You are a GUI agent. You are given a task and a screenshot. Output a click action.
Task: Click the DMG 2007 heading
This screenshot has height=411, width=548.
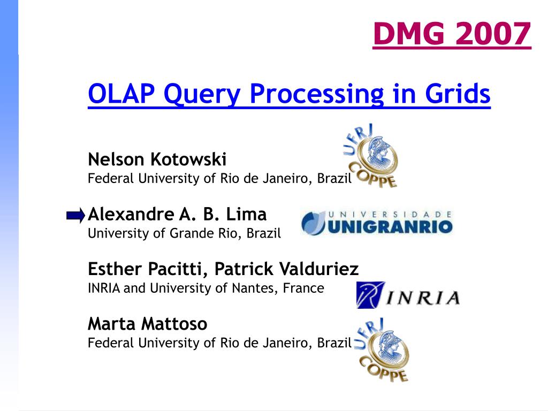tap(452, 34)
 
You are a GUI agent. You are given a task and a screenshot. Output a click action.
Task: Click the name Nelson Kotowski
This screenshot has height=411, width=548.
tap(157, 159)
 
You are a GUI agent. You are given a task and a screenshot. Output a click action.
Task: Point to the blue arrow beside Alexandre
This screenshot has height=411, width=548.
tap(75, 216)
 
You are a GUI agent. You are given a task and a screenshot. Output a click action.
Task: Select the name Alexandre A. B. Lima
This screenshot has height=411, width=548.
tap(177, 215)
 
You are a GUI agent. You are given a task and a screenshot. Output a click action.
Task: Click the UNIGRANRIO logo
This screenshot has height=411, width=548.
tap(377, 223)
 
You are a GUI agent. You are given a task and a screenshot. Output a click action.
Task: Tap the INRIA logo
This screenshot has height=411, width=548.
tap(408, 295)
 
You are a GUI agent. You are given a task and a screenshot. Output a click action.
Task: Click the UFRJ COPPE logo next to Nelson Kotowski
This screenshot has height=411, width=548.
tap(371, 156)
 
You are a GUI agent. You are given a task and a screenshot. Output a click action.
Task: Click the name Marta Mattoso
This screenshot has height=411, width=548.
tap(147, 324)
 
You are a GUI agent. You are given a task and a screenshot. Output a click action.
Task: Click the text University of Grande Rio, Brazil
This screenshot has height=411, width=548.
tap(184, 233)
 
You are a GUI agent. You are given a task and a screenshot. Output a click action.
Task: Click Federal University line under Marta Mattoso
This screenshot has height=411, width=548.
tap(219, 343)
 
